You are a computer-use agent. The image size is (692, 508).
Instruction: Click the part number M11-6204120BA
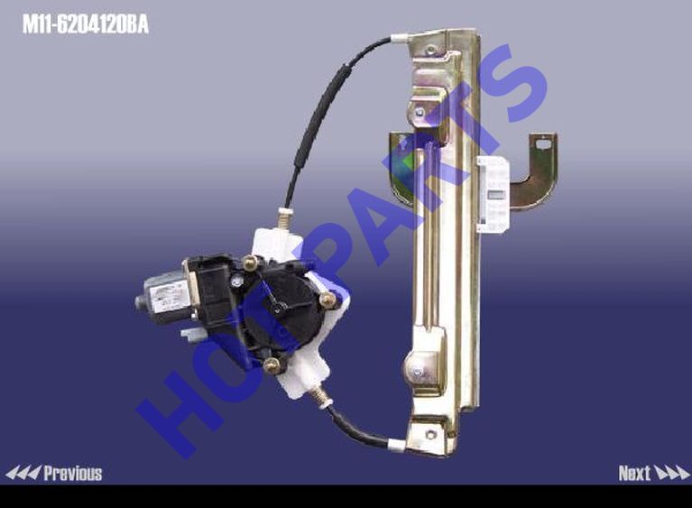click(x=86, y=24)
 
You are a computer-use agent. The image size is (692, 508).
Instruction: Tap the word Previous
click(x=73, y=474)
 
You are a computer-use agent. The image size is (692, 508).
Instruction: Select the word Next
click(x=634, y=474)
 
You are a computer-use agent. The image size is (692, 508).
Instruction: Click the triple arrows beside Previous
click(x=23, y=473)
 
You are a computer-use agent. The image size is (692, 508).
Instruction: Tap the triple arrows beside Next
click(x=671, y=473)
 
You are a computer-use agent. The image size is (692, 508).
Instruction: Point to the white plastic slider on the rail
click(x=493, y=195)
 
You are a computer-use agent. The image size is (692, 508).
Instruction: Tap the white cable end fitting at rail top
click(x=401, y=39)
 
